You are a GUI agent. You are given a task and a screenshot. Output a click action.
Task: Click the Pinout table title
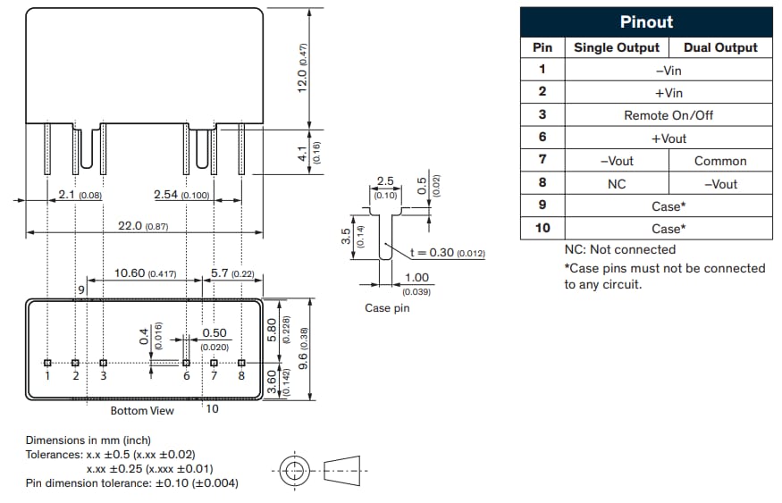coord(646,21)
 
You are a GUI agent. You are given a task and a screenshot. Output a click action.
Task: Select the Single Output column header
coord(616,47)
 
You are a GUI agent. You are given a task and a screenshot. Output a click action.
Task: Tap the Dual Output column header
coord(720,47)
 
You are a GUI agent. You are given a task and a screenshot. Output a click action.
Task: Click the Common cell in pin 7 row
coord(720,161)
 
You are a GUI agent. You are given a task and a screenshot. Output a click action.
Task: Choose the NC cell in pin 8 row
coord(616,184)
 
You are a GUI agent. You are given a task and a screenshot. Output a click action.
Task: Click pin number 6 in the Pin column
coord(542,138)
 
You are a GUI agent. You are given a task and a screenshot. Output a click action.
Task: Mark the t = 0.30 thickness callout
coord(447,253)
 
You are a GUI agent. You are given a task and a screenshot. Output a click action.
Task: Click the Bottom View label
coord(142,410)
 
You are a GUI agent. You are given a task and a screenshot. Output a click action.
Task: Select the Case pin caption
coord(388,308)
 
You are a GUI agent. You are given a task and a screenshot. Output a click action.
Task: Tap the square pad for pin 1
coord(48,363)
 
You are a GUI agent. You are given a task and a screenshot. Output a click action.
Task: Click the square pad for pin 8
coord(241,363)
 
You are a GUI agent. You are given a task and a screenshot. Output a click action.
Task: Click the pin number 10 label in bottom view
coord(212,409)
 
